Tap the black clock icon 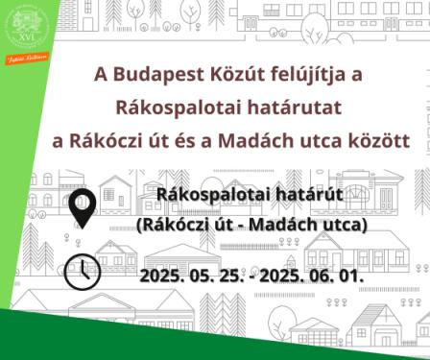click(x=83, y=272)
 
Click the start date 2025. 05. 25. click(x=195, y=276)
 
